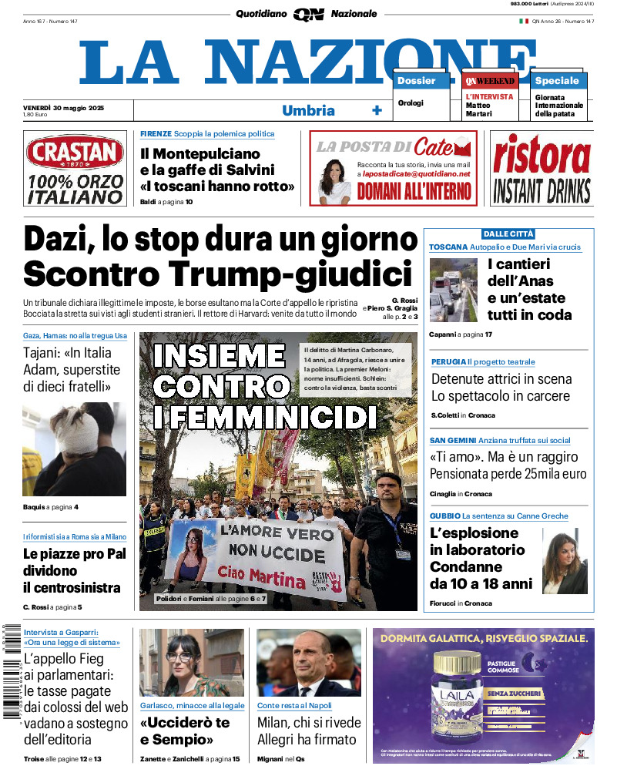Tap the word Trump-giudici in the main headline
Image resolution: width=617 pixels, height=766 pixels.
[301, 274]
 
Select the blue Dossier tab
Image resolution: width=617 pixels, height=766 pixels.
[417, 81]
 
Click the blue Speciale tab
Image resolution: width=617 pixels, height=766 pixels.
[557, 81]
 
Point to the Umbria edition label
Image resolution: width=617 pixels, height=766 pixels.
[308, 110]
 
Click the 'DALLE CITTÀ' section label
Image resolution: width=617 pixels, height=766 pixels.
[508, 233]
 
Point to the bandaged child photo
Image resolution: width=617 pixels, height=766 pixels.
[74, 449]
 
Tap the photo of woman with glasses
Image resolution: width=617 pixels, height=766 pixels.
[191, 662]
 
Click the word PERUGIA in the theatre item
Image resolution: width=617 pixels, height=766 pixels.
[448, 361]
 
